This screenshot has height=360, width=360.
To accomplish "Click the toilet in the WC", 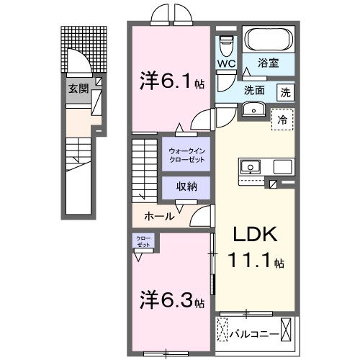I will pyautogui.click(x=228, y=45).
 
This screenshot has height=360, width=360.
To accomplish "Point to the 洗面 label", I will pyautogui.click(x=253, y=91).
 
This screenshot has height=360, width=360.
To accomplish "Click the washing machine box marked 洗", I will pyautogui.click(x=286, y=91).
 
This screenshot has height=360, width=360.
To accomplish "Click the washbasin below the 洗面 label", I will pyautogui.click(x=253, y=109).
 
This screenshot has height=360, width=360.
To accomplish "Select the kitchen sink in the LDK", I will pyautogui.click(x=251, y=166).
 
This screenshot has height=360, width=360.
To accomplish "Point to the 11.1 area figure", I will pyautogui.click(x=251, y=261).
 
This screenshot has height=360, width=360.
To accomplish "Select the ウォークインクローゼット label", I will pyautogui.click(x=186, y=154).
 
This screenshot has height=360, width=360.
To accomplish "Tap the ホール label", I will pyautogui.click(x=158, y=215).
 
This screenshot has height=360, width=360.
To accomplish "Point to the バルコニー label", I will pyautogui.click(x=255, y=333).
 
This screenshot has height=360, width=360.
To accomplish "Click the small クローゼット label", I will pyautogui.click(x=140, y=240).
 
